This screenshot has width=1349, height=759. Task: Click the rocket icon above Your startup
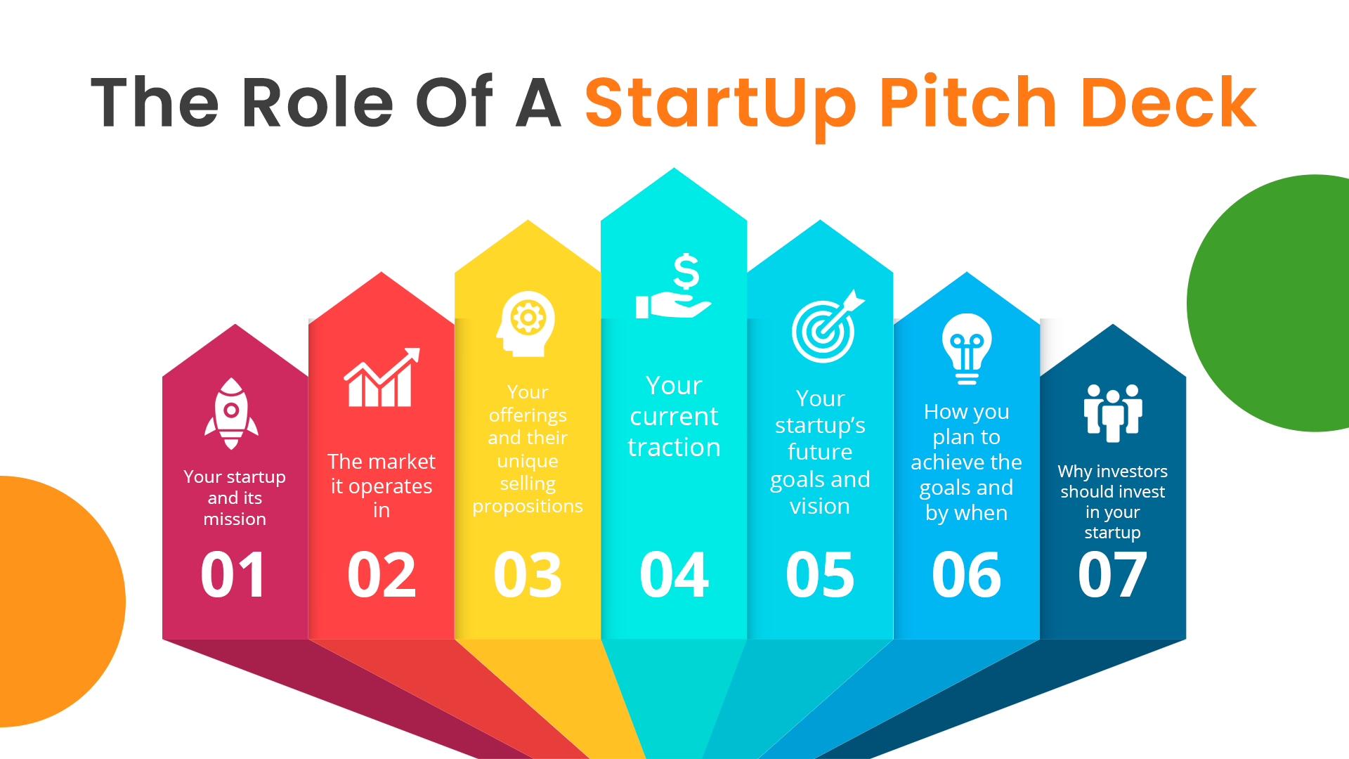pos(231,413)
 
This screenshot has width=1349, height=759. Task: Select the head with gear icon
pos(527,324)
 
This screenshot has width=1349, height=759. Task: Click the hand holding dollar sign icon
pos(674,287)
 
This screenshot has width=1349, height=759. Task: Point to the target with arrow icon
pos(827,327)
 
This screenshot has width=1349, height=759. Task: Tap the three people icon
pos(1113,413)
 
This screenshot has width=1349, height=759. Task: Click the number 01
pos(233,576)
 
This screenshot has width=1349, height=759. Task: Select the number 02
pos(382,576)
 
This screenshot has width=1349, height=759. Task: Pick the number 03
pos(528,576)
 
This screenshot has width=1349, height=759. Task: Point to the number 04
pos(674,576)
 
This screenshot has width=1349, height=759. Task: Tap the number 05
pos(820,576)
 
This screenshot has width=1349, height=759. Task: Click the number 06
pos(966,576)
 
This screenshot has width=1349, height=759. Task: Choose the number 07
pos(1112,576)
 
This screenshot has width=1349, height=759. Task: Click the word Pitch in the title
pos(967,104)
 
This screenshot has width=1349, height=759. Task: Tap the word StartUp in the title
pos(720,104)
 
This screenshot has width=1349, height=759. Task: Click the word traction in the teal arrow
pos(674,448)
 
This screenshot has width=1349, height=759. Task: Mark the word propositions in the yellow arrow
pos(528,507)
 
